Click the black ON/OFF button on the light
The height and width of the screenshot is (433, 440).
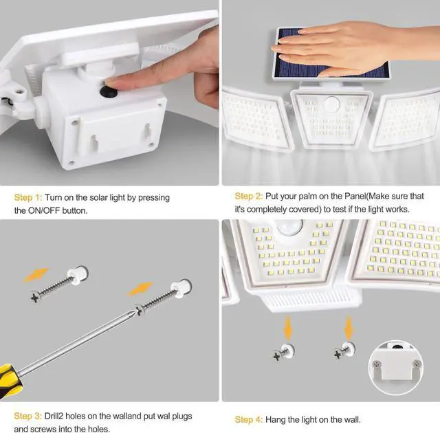109,91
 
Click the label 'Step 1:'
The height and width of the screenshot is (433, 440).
28,197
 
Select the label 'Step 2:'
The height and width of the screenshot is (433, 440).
249,196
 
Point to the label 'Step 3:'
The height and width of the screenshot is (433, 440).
27,416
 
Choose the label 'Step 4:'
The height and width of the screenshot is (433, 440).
249,419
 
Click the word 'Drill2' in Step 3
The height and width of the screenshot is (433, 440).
54,416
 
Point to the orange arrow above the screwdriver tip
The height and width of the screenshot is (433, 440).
140,288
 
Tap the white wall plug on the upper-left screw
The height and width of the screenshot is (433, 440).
78,275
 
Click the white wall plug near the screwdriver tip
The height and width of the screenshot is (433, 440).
181,288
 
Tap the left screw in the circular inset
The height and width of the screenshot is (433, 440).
377,364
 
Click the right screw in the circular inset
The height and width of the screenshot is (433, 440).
417,364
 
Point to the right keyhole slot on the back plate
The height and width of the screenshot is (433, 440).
146,131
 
